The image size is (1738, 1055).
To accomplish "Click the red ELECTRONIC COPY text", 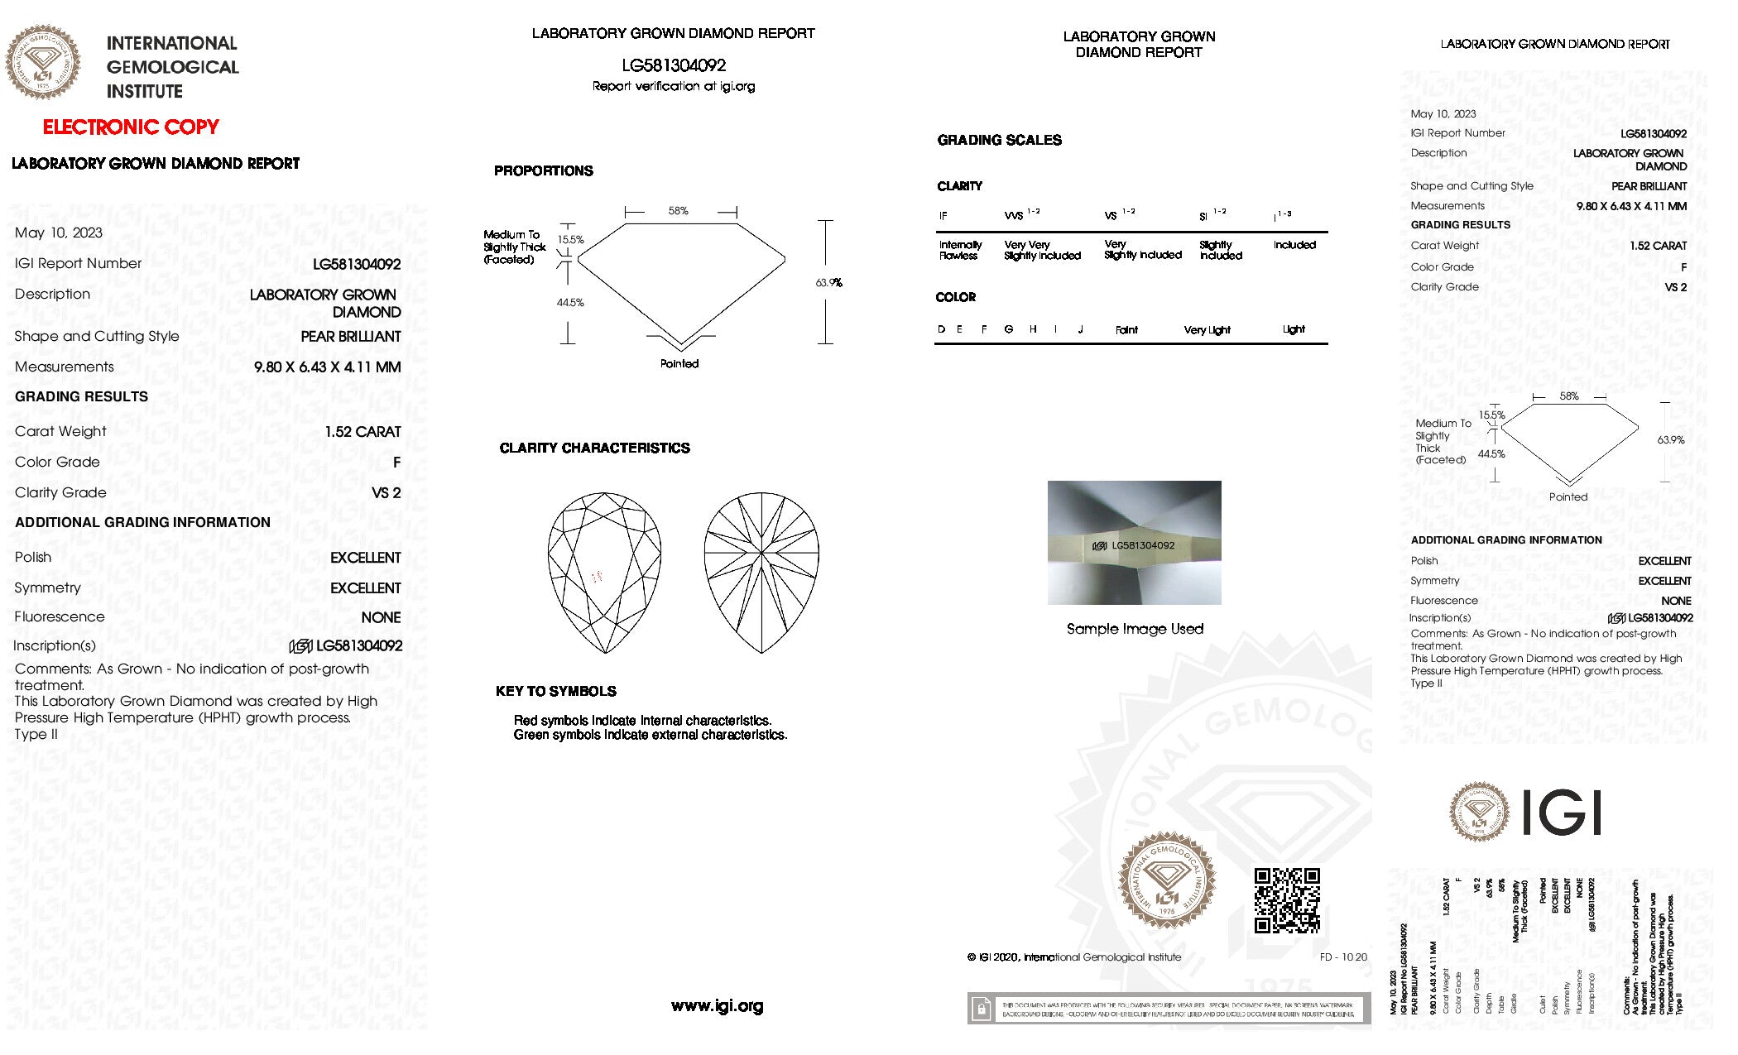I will point(131,127).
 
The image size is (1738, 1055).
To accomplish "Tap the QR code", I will point(1286,900).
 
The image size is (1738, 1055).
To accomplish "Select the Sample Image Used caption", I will point(1135,629).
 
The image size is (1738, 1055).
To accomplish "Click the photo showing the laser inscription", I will point(1134,543).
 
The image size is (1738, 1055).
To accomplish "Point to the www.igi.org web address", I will point(717,1006).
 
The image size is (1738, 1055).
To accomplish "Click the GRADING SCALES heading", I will point(999,141).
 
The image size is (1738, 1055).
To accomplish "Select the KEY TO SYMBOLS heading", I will point(555,692).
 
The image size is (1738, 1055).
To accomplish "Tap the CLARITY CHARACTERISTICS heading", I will point(594,448).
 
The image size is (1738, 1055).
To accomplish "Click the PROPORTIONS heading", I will point(543,171).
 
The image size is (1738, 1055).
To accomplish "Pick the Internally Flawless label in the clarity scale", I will point(960,250).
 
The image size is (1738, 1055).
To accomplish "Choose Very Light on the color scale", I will point(1207,330).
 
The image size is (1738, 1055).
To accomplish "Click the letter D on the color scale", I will point(941,329).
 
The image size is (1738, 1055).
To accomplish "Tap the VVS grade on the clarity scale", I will point(1015,216).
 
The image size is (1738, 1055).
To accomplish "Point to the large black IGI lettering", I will point(1562,813).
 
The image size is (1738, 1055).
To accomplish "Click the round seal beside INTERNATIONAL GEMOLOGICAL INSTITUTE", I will point(43,62).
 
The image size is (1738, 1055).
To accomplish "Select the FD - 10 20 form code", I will point(1343,957).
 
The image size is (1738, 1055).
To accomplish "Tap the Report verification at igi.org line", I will point(673,86).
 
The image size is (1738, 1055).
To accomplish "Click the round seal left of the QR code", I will point(1167,882).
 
